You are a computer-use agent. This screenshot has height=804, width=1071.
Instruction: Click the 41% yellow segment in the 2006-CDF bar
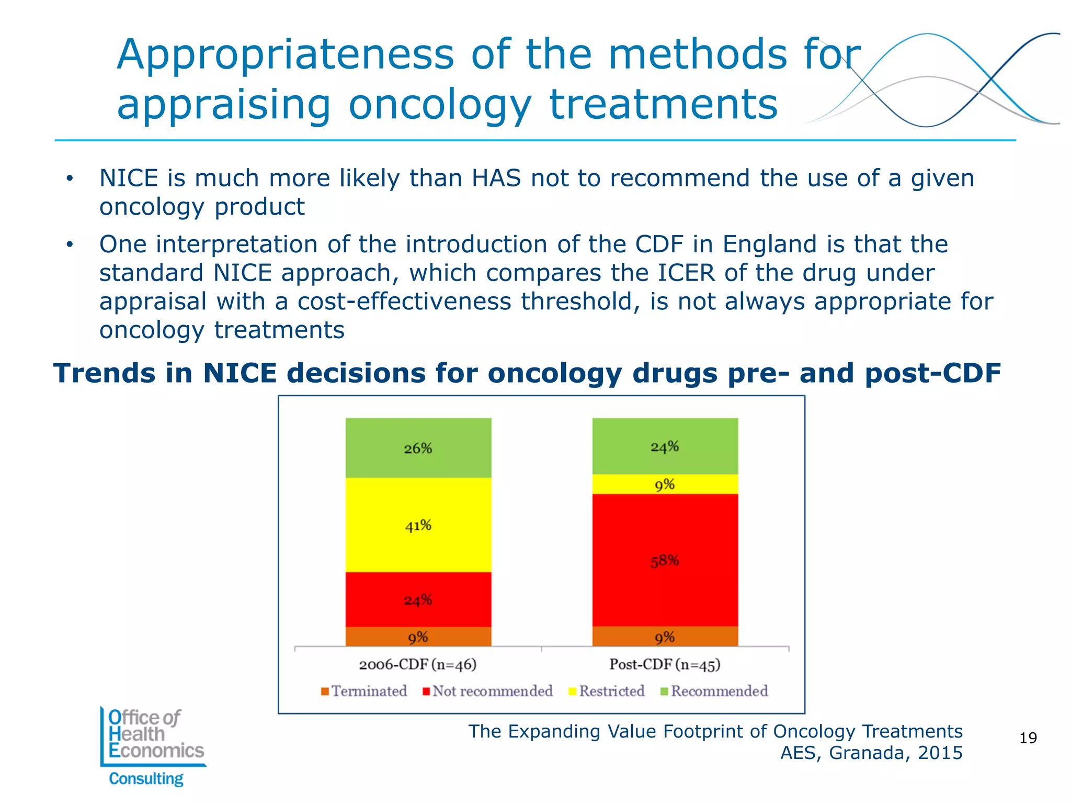418,525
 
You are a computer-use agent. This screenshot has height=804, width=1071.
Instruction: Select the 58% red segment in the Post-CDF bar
665,561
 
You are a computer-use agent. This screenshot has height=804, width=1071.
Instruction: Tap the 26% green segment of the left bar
418,448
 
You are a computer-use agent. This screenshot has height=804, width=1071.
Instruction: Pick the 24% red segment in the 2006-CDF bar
418,599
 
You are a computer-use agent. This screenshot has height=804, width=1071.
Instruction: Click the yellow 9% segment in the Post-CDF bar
665,484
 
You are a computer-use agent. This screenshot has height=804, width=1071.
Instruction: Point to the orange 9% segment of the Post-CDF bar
665,637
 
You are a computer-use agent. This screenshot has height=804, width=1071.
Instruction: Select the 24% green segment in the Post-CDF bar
665,446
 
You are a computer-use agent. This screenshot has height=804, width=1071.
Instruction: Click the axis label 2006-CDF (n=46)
417,664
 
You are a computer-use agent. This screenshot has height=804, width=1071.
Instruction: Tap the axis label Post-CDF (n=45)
665,664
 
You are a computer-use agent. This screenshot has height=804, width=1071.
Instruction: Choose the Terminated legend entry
364,691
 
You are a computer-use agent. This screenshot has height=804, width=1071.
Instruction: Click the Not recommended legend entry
487,691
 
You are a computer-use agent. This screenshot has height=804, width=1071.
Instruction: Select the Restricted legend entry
607,691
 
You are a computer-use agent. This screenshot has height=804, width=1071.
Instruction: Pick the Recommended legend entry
714,691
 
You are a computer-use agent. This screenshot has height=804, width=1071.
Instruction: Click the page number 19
1028,738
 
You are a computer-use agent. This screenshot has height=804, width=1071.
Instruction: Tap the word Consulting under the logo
146,778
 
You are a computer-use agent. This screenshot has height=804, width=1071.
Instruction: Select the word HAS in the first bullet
496,178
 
